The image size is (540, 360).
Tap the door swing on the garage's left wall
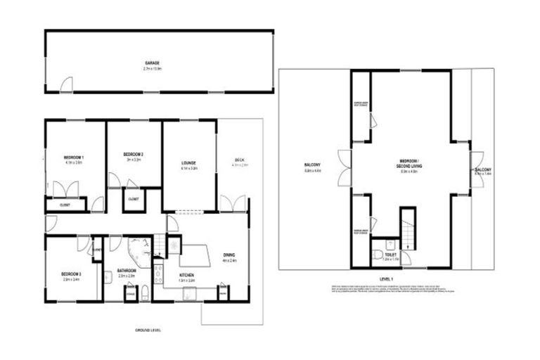[65, 84]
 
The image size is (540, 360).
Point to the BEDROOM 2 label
[133, 156]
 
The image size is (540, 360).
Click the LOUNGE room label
[188, 166]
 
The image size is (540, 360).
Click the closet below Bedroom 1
[65, 205]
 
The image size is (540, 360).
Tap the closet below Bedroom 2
[133, 200]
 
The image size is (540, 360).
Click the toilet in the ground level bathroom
[143, 293]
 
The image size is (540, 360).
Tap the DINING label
[231, 258]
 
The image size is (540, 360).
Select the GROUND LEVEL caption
[148, 330]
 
